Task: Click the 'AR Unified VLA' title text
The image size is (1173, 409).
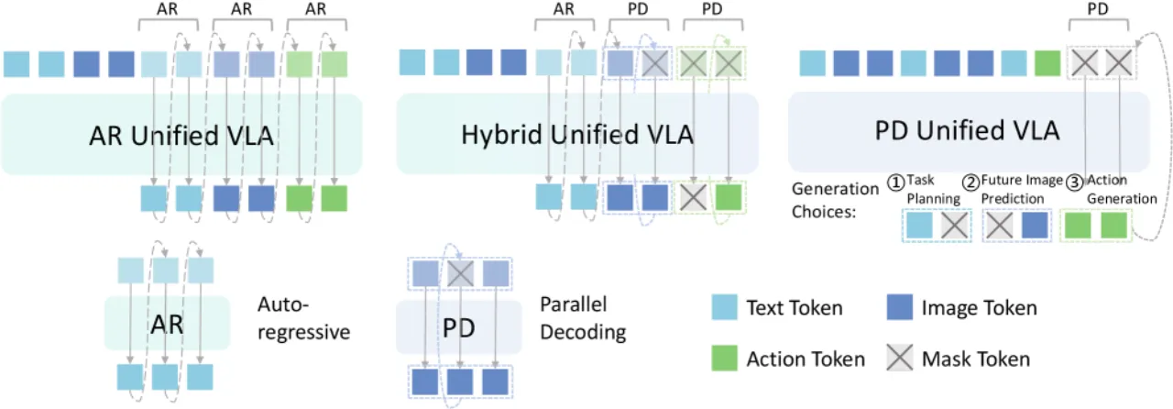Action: tap(181, 136)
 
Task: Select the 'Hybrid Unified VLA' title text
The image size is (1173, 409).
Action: tap(577, 134)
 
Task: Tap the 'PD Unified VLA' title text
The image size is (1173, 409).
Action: tap(967, 130)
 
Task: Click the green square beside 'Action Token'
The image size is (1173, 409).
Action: tap(724, 359)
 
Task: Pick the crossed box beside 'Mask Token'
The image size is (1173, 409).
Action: tap(900, 359)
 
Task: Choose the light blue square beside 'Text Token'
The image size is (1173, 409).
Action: tap(724, 307)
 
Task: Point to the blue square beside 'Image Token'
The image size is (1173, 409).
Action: tap(900, 307)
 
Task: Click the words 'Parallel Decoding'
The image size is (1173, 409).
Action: tap(583, 318)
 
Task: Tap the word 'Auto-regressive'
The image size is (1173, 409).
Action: tap(303, 318)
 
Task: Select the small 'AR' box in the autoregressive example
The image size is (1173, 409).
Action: tap(167, 323)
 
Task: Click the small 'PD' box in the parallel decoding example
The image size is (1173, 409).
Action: tap(459, 327)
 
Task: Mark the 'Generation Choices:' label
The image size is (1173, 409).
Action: tap(835, 200)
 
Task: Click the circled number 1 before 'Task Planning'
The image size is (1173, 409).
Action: tap(896, 183)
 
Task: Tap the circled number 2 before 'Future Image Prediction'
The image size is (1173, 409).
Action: tap(970, 183)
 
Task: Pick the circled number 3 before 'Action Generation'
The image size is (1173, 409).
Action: tap(1075, 183)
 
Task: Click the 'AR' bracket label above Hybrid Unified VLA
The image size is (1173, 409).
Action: tap(564, 9)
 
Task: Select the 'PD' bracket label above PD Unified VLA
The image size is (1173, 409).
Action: tap(1098, 9)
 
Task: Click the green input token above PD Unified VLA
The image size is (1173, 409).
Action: tap(1047, 63)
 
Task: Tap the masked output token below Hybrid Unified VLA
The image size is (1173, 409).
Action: tap(694, 198)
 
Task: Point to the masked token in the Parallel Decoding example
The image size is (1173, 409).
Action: tap(460, 273)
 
